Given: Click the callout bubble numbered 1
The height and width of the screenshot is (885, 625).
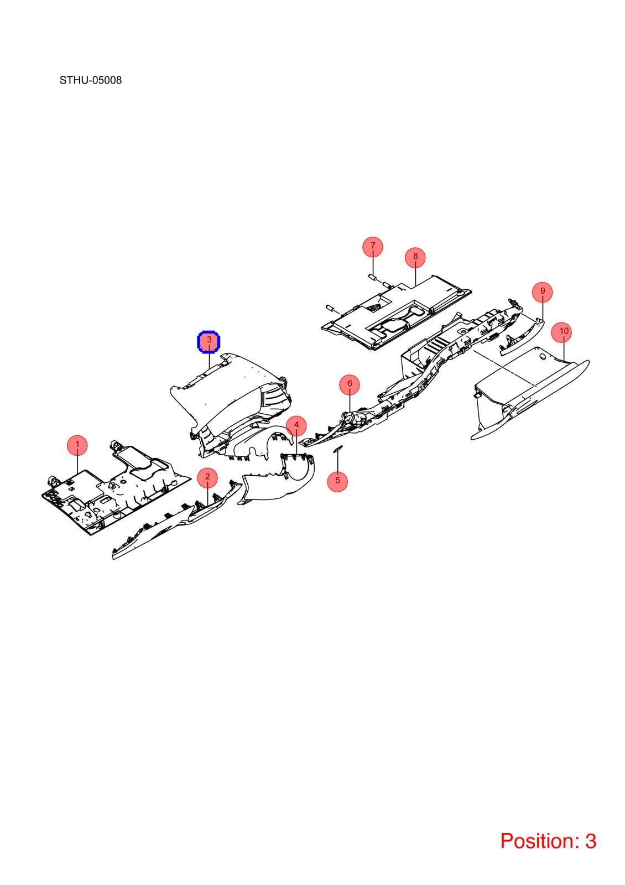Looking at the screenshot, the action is [x=77, y=445].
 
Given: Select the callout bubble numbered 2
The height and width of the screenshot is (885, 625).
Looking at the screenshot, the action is [x=207, y=477].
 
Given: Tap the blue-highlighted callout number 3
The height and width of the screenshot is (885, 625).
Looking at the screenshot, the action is [x=209, y=342].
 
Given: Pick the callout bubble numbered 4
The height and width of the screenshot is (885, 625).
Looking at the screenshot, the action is [x=296, y=426].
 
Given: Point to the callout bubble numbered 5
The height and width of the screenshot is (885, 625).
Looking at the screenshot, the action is [x=337, y=482].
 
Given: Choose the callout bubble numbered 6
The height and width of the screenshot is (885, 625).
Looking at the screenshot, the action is [x=350, y=384].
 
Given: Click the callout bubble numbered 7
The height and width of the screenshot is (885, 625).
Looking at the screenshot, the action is [x=373, y=247].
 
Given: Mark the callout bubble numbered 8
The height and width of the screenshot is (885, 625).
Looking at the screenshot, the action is [x=415, y=257].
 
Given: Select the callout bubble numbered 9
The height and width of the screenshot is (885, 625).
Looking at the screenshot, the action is [x=543, y=292].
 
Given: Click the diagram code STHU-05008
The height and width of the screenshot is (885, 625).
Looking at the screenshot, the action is [x=91, y=80].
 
